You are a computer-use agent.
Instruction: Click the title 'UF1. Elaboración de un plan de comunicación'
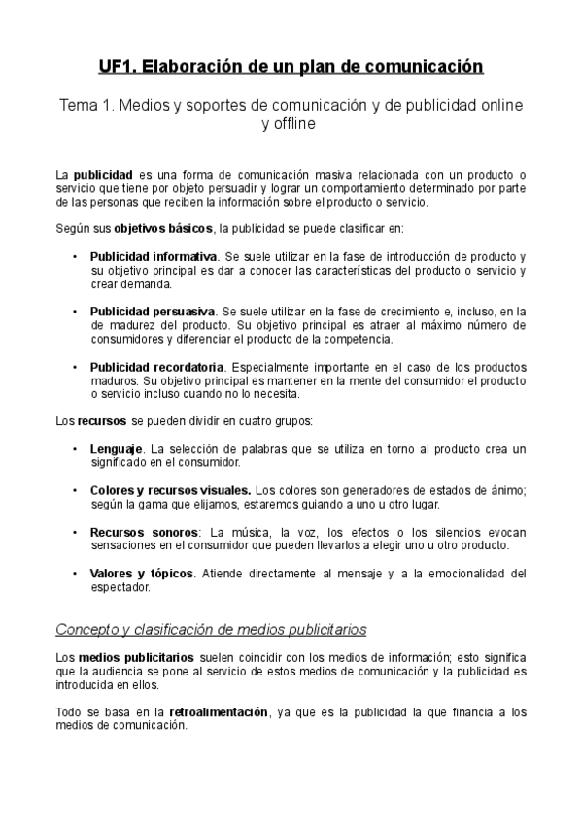[x=291, y=66]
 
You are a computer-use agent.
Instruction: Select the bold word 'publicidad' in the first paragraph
[x=102, y=174]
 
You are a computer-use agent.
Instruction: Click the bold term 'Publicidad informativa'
[x=153, y=256]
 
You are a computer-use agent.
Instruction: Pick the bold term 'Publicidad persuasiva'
[x=152, y=312]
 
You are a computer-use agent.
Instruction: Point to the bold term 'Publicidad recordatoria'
[x=156, y=367]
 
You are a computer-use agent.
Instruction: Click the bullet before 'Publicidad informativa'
[x=76, y=256]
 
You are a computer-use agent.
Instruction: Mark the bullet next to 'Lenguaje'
[x=76, y=449]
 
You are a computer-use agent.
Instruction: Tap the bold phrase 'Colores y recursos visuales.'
[x=170, y=490]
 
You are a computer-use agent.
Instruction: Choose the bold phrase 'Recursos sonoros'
[x=143, y=532]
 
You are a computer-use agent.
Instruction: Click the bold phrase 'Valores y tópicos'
[x=142, y=574]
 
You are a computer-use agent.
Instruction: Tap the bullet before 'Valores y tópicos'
[x=76, y=574]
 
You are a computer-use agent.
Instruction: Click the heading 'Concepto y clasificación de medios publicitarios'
[x=211, y=629]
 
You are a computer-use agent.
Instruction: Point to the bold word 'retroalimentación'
[x=219, y=711]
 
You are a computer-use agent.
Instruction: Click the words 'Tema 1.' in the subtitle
[x=86, y=104]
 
